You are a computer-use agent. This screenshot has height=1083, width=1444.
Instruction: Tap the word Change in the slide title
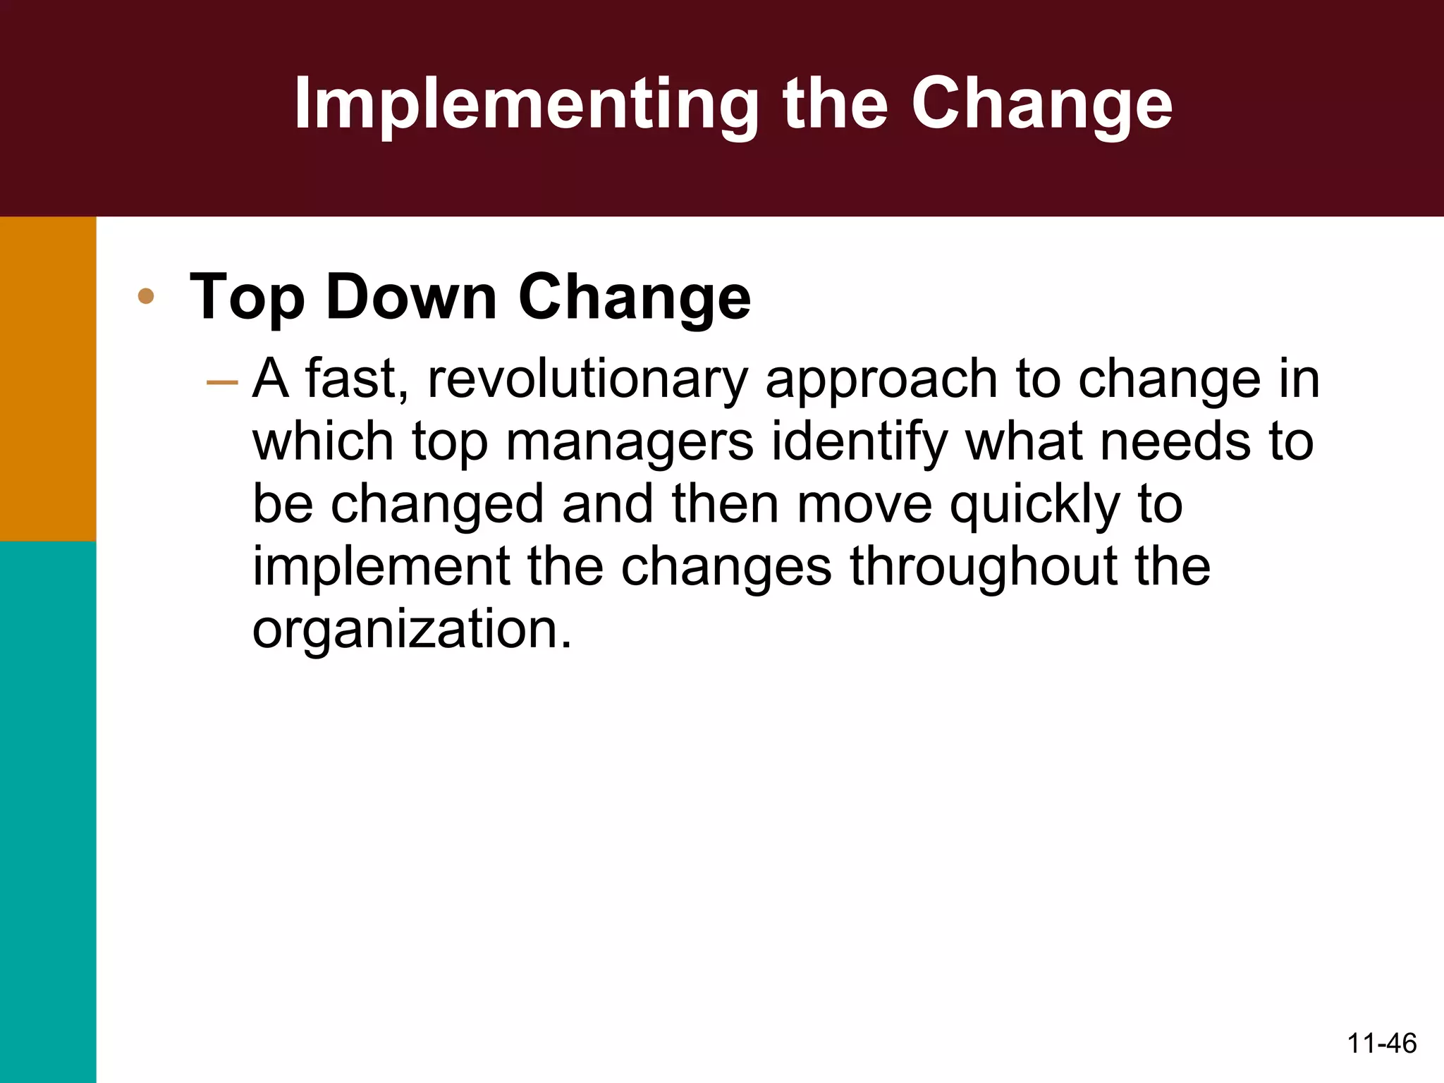coord(1041,104)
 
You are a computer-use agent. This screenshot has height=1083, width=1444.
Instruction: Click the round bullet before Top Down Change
coord(146,296)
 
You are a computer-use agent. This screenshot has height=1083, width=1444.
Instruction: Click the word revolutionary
coord(587,379)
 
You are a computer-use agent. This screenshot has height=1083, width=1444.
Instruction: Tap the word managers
coord(630,443)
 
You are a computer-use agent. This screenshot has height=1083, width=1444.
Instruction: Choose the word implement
coord(381,568)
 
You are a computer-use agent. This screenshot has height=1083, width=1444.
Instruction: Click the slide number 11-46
coord(1381,1042)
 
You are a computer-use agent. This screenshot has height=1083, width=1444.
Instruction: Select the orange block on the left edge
coord(47,379)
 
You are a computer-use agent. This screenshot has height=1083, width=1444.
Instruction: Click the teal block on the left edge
coord(47,811)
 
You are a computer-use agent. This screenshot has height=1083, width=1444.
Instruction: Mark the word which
coord(323,441)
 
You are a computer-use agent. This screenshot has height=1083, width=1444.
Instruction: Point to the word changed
coord(437,505)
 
